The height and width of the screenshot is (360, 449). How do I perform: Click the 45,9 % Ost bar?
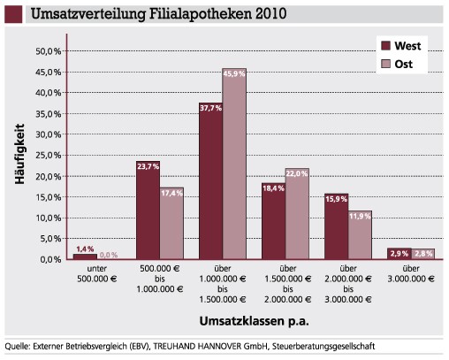tap(234, 164)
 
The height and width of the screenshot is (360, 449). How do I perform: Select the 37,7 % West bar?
tap(210, 181)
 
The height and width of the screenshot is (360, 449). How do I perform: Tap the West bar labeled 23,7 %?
tap(148, 211)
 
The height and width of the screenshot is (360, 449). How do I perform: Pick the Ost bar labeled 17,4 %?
tap(171, 224)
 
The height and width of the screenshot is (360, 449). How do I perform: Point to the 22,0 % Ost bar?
tap(297, 214)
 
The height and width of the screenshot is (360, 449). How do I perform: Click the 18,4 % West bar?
tap(274, 221)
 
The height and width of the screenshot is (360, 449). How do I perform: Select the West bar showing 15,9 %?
tap(337, 226)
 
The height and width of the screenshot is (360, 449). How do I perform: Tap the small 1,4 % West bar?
tap(85, 257)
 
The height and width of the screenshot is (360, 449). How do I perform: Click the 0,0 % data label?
tap(109, 255)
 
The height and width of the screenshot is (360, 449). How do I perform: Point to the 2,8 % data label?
tap(423, 253)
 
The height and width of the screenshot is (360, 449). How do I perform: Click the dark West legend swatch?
tap(385, 46)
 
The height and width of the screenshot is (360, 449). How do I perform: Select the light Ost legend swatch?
tap(385, 64)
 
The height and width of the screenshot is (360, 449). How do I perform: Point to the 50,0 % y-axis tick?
tap(49, 51)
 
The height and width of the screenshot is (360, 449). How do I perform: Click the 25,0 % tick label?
tap(49, 155)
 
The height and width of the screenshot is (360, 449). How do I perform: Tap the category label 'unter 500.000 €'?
tap(97, 273)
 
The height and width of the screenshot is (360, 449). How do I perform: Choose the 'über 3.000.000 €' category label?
tap(411, 273)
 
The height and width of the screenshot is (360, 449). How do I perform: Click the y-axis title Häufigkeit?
tap(19, 154)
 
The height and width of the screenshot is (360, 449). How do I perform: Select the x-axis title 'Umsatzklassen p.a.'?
tap(255, 321)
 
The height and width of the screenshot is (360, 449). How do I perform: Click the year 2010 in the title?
tap(271, 13)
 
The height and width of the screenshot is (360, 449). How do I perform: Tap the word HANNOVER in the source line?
tap(219, 346)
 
